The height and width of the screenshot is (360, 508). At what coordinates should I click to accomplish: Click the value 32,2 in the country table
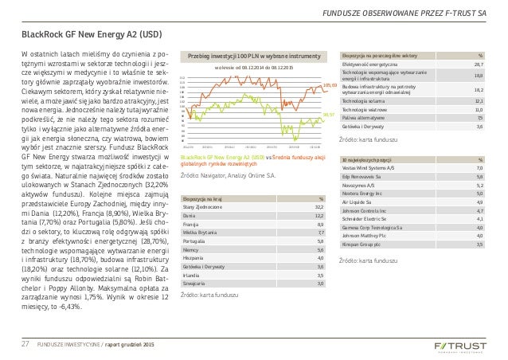318,208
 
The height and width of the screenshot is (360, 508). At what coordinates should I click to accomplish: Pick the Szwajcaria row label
197,282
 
